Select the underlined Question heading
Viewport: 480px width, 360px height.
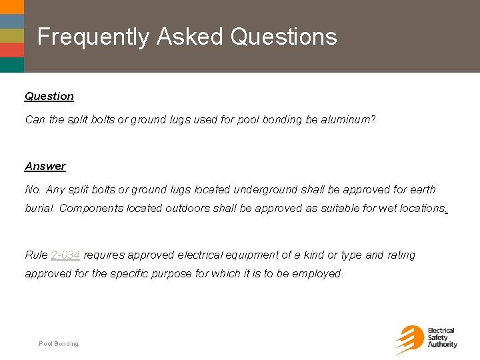pos(49,96)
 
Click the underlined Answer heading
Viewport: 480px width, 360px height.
pos(45,166)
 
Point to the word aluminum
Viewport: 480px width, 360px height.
pos(347,120)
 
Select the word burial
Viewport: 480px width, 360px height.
pos(40,208)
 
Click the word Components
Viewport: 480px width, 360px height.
pos(90,208)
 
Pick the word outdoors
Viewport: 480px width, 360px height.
pos(187,208)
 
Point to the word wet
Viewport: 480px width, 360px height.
pos(387,208)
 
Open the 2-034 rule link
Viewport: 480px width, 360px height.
pos(65,255)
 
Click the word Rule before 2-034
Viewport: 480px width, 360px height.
pos(36,255)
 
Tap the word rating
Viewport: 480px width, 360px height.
pos(401,255)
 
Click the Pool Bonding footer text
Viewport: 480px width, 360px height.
pos(59,344)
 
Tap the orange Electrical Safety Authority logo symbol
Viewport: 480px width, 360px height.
pos(408,339)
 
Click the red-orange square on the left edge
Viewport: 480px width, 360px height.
pos(11,49)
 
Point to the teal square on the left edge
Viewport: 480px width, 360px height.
pos(11,65)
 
